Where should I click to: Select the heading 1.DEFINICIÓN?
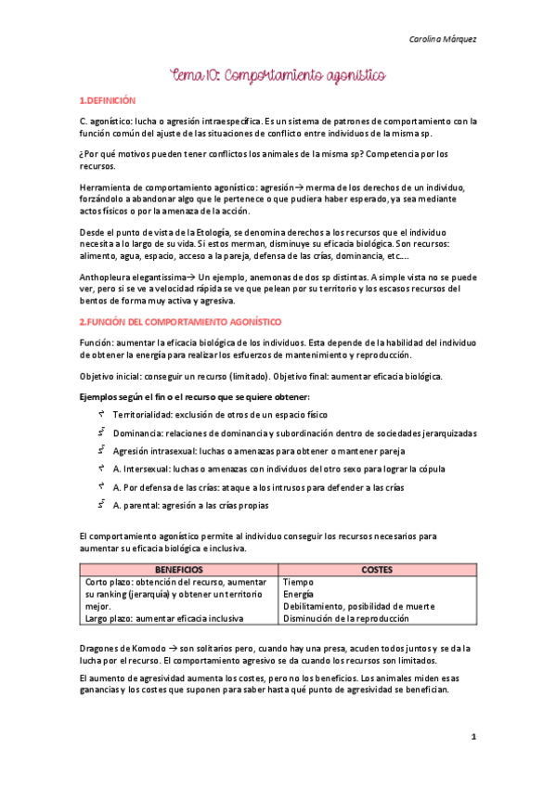[108, 99]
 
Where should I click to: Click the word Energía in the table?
[299, 593]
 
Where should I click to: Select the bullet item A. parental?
[190, 506]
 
